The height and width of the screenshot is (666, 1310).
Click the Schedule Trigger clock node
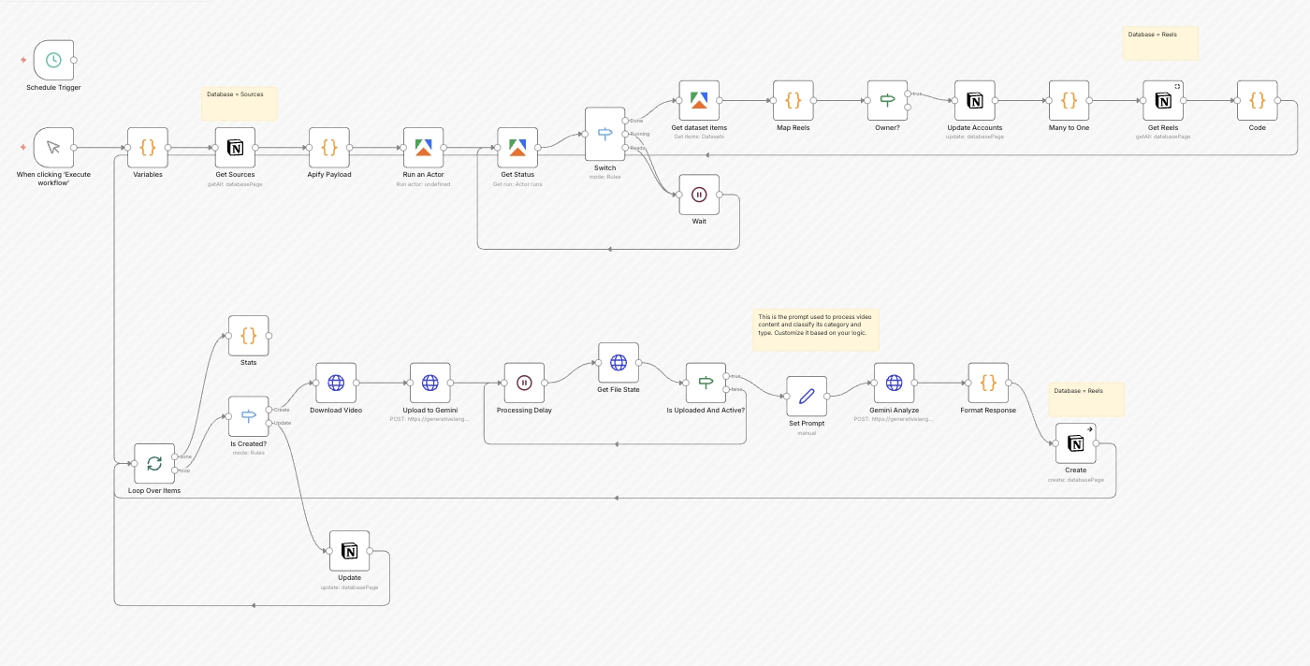coord(53,60)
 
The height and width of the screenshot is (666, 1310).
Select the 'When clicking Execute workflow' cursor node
coord(53,148)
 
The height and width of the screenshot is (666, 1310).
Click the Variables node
coord(148,148)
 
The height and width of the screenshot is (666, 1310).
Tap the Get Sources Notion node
coord(235,148)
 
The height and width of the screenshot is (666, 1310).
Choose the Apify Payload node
coord(329,148)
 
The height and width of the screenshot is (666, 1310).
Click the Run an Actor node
coord(423,148)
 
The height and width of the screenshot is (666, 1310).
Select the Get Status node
coord(517,148)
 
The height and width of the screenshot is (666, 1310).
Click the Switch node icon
coord(604,134)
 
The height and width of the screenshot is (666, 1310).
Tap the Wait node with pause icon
coord(699,195)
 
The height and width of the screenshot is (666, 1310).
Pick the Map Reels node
coord(793,100)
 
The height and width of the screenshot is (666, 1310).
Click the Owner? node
coord(887,100)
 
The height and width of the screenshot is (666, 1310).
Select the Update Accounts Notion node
coord(974,100)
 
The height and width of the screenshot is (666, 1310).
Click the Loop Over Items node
coord(154,463)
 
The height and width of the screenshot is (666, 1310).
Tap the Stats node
coord(248,335)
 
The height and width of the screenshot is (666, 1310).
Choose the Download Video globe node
coord(336,383)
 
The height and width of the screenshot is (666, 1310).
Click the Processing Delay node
coord(524,383)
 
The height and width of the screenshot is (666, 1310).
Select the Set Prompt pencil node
coord(807,397)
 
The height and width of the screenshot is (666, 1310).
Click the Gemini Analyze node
coord(894,383)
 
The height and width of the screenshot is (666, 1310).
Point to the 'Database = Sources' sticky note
coord(240,103)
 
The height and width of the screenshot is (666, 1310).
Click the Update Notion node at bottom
coord(349,551)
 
